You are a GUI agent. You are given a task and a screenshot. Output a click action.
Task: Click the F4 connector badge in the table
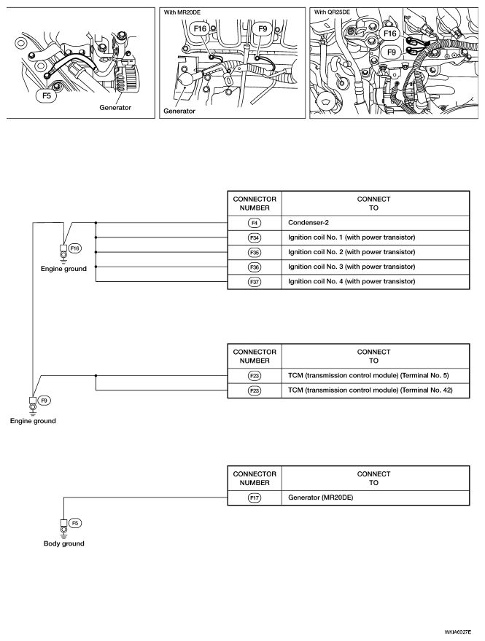(255, 223)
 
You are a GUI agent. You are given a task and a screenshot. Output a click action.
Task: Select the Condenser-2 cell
(309, 223)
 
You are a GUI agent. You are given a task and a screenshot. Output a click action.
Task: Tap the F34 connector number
(255, 238)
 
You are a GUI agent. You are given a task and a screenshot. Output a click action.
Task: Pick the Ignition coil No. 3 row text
(352, 267)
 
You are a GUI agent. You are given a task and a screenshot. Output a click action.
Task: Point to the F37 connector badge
(255, 282)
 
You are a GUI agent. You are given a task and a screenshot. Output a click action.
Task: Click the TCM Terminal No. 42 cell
(370, 390)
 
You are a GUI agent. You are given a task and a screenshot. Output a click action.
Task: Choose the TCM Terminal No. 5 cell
(368, 376)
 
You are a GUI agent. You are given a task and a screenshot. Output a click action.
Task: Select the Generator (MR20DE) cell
(320, 498)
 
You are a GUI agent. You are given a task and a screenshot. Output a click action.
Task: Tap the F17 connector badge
(255, 498)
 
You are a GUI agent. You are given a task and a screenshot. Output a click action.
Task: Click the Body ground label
(64, 543)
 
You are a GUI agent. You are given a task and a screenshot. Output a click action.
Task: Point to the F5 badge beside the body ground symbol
(75, 523)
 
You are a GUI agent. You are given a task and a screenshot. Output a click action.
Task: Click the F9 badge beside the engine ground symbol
(44, 401)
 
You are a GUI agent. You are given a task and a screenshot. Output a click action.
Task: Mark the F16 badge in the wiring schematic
(75, 248)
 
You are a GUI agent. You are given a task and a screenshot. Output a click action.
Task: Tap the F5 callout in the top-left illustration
(47, 95)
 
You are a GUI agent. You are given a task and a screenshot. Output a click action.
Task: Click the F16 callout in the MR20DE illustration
(200, 28)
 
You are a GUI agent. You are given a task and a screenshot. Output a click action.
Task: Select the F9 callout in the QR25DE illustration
(392, 52)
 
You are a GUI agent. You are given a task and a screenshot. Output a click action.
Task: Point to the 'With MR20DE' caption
(182, 12)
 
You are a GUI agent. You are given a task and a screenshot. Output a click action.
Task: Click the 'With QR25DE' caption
(332, 12)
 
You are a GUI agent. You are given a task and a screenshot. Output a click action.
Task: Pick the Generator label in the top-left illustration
(115, 108)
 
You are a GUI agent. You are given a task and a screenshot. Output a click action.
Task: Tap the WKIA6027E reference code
(459, 632)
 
